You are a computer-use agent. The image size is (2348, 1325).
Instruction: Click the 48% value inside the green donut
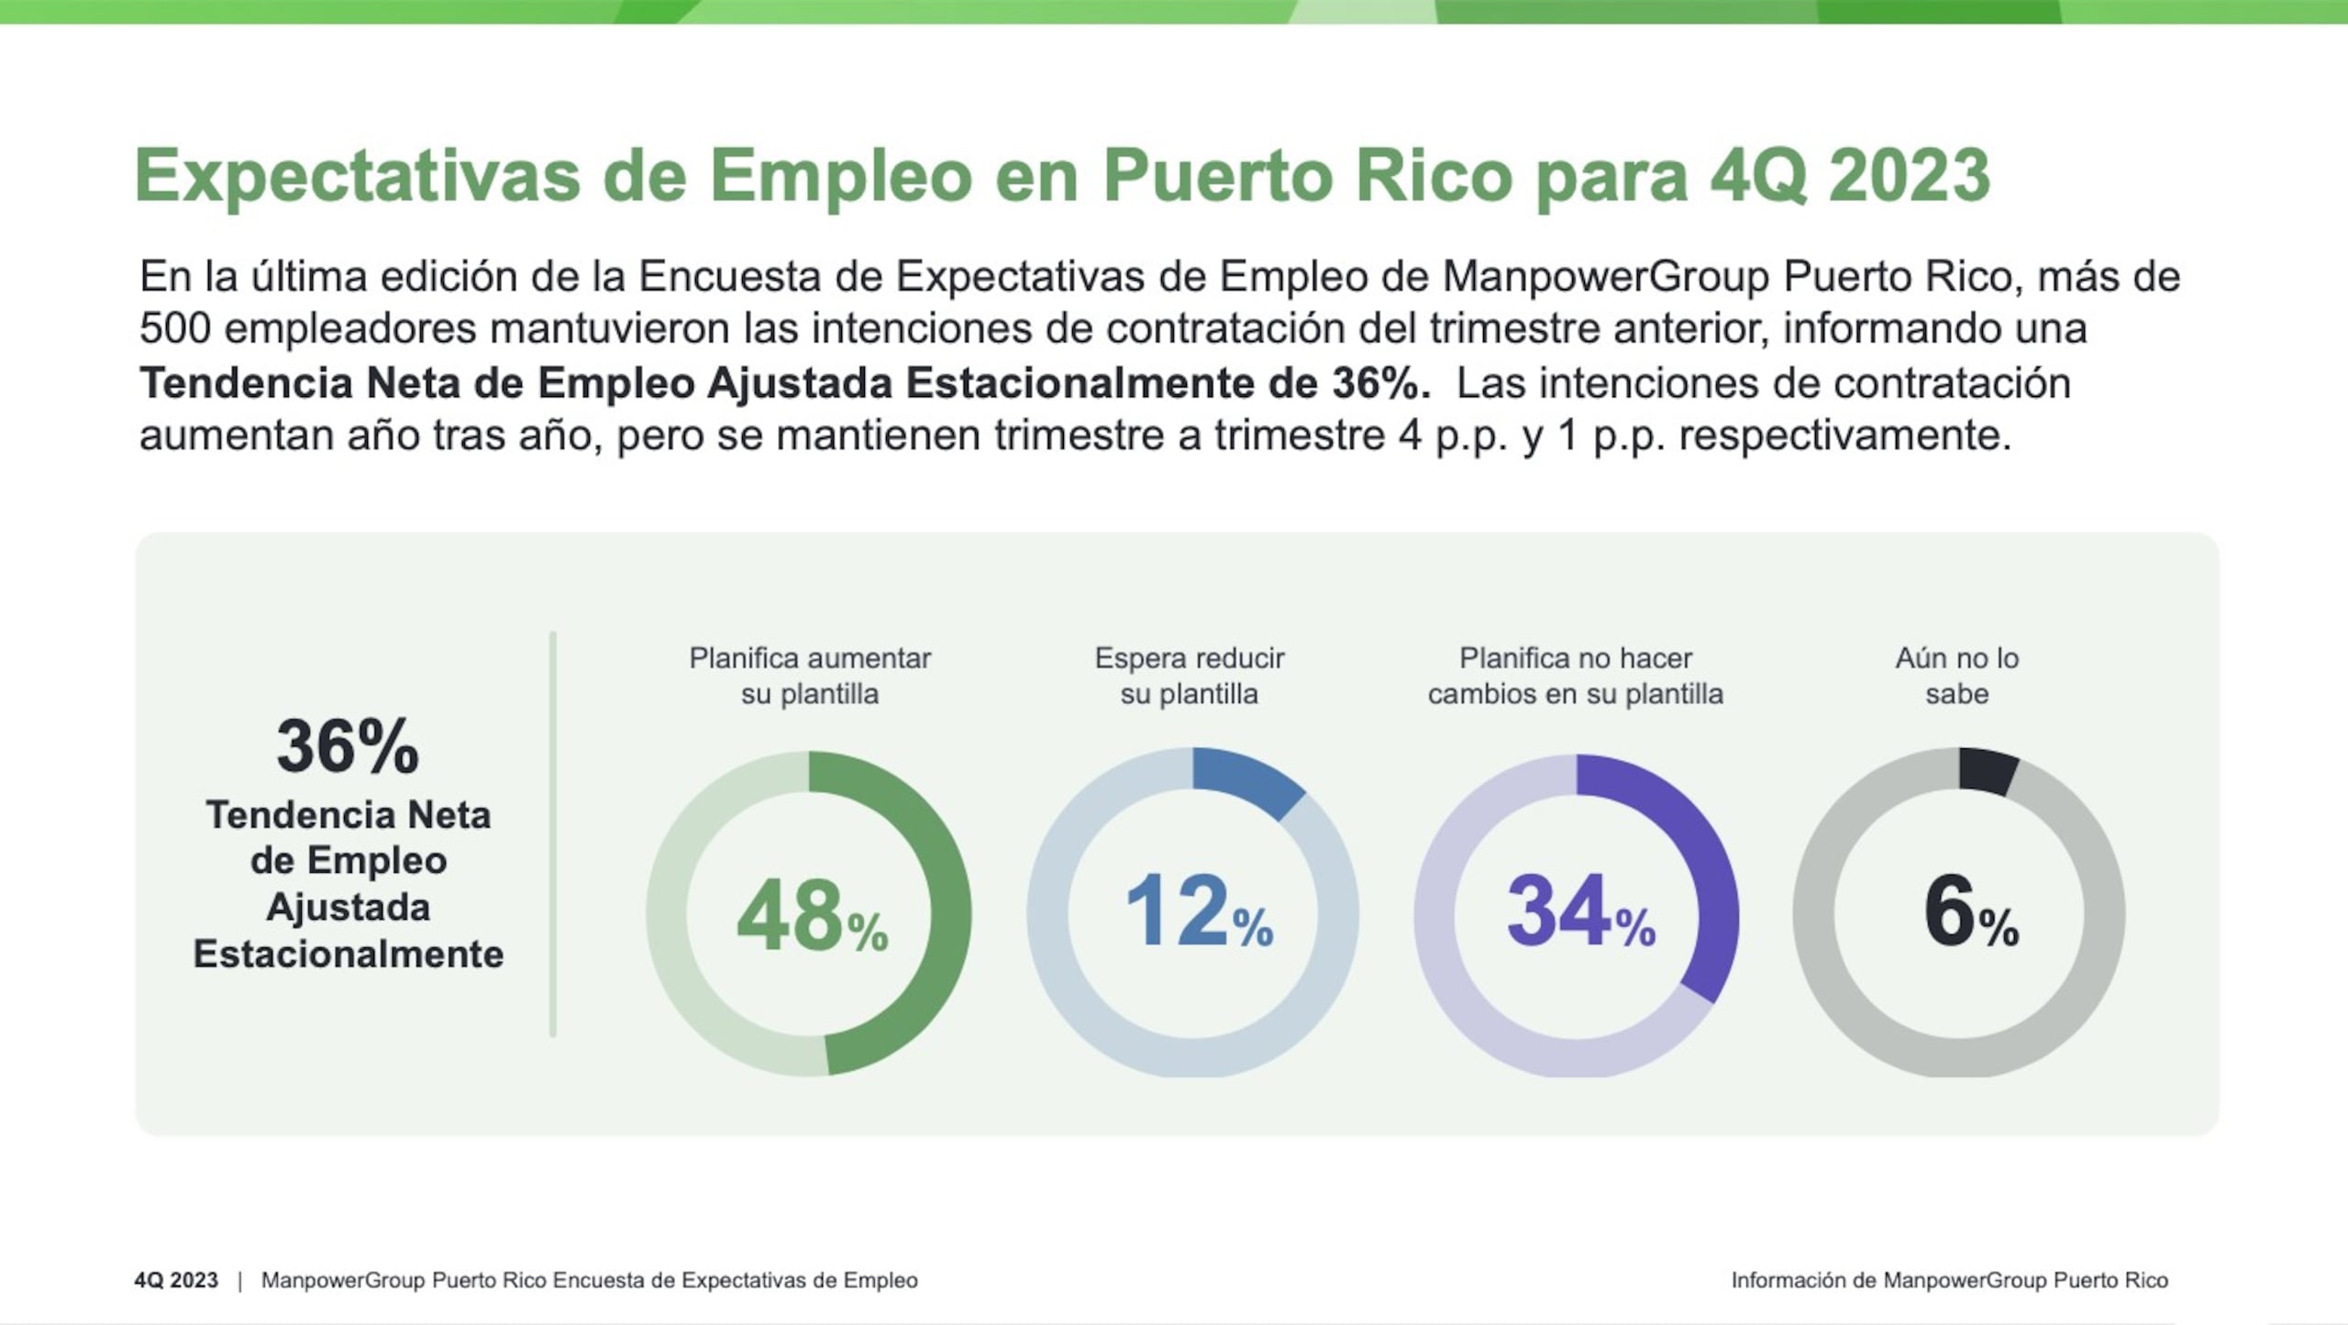coord(812,915)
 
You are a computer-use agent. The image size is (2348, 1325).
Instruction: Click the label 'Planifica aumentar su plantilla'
coord(810,676)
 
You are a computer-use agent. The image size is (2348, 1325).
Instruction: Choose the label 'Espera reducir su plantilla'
coord(1190,676)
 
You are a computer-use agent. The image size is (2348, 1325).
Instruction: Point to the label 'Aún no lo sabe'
coord(1957,676)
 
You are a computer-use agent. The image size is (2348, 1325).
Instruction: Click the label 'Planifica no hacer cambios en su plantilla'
coord(1575,676)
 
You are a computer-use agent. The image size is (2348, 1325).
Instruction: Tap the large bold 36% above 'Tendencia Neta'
coord(348,746)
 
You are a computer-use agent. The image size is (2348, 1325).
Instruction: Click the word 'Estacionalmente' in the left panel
coord(349,955)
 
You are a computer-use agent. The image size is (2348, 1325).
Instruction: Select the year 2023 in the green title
coord(1910,175)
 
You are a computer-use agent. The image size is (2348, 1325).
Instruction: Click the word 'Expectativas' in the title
coord(358,175)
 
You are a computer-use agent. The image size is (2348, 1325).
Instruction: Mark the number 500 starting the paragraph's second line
coord(175,328)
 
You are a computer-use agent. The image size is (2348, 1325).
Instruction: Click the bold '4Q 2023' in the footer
coord(176,1280)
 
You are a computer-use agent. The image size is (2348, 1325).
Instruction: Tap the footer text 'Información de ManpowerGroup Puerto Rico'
coord(1949,1280)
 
